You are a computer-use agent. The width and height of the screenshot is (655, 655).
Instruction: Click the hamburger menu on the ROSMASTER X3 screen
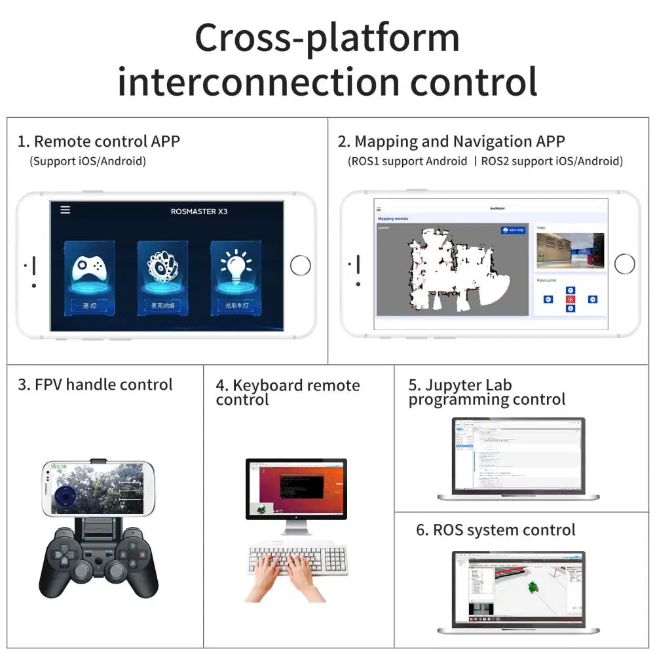click(x=65, y=210)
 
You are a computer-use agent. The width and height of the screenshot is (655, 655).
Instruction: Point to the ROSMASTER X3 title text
click(x=199, y=212)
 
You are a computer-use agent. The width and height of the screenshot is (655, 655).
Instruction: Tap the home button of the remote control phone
click(x=300, y=265)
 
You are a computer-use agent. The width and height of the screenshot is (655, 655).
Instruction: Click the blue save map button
click(x=513, y=230)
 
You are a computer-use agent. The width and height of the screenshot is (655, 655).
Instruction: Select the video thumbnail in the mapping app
click(x=570, y=251)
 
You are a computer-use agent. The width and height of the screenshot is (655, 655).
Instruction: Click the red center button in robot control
click(x=570, y=299)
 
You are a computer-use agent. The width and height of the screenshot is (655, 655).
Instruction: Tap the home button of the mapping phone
click(x=624, y=264)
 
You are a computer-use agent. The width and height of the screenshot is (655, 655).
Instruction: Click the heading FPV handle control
click(x=95, y=384)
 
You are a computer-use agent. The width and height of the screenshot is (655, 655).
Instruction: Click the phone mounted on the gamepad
click(x=98, y=488)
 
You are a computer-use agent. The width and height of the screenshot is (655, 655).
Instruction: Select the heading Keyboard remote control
click(x=288, y=392)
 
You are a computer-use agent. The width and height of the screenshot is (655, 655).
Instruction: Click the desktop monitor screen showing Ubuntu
click(x=295, y=488)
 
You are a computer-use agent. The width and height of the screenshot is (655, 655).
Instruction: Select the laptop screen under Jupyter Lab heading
click(x=517, y=454)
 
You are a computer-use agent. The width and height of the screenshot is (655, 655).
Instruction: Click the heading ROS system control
click(x=496, y=530)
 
